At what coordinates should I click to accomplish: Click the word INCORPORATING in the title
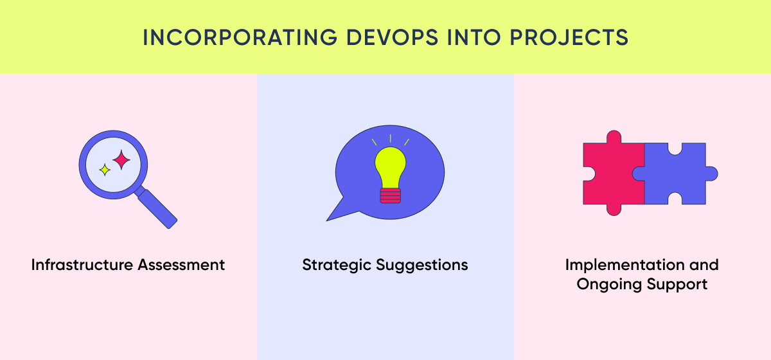(x=240, y=37)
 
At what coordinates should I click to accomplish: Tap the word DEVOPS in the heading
(x=392, y=37)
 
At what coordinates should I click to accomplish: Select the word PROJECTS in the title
(x=569, y=37)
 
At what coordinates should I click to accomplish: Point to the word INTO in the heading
(x=474, y=37)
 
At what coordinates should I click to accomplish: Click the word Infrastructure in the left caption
(x=82, y=265)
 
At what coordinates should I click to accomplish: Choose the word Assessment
(x=181, y=265)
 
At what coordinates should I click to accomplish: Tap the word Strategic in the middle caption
(x=336, y=265)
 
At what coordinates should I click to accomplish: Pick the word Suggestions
(x=421, y=265)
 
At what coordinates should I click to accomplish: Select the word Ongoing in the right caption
(x=609, y=285)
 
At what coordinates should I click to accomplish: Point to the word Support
(x=677, y=285)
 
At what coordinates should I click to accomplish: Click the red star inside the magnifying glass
(x=121, y=160)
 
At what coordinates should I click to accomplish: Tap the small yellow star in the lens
(x=105, y=170)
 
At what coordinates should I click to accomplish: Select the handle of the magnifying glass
(x=156, y=208)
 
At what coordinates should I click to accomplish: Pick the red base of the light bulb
(x=391, y=195)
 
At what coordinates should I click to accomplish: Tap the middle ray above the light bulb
(x=391, y=138)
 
